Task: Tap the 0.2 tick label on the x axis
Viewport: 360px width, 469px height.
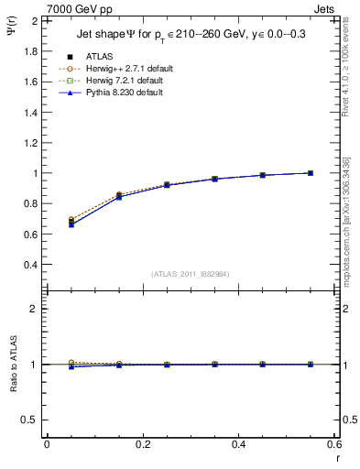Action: pos(142,444)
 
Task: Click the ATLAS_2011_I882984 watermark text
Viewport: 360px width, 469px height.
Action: pos(189,274)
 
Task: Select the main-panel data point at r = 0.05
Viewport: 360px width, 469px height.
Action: pos(72,223)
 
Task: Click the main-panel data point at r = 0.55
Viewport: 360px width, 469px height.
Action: pos(311,173)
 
